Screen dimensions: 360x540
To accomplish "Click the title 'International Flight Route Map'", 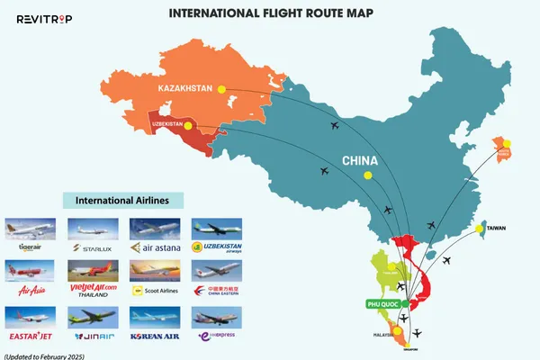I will pyautogui.click(x=270, y=13).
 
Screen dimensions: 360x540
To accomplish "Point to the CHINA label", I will pyautogui.click(x=359, y=162).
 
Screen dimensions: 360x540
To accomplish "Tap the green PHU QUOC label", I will pyautogui.click(x=383, y=303).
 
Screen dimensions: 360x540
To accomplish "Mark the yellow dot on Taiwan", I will pyautogui.click(x=480, y=229).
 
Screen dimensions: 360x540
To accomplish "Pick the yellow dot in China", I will pyautogui.click(x=367, y=176).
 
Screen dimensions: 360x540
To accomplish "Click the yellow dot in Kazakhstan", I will pyautogui.click(x=222, y=88).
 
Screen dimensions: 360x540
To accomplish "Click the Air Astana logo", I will pyautogui.click(x=155, y=247).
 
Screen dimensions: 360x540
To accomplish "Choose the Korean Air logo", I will pyautogui.click(x=154, y=336).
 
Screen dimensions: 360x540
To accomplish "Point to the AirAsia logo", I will pyautogui.click(x=30, y=292).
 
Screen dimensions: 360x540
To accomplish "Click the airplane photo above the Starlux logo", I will pyautogui.click(x=93, y=228).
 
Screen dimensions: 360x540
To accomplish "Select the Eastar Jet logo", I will pyautogui.click(x=30, y=336).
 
